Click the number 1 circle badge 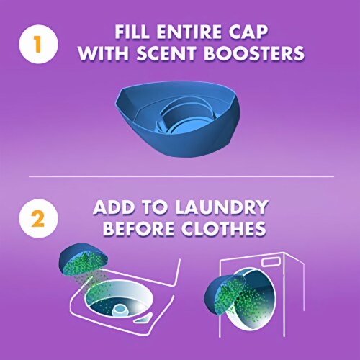38,45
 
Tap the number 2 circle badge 38,218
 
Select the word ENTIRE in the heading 188,32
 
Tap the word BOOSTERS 254,53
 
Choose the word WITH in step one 104,53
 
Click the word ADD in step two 114,207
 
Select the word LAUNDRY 221,207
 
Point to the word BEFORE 138,228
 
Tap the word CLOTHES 223,228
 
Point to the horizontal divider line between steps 181,177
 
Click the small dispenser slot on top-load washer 143,318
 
